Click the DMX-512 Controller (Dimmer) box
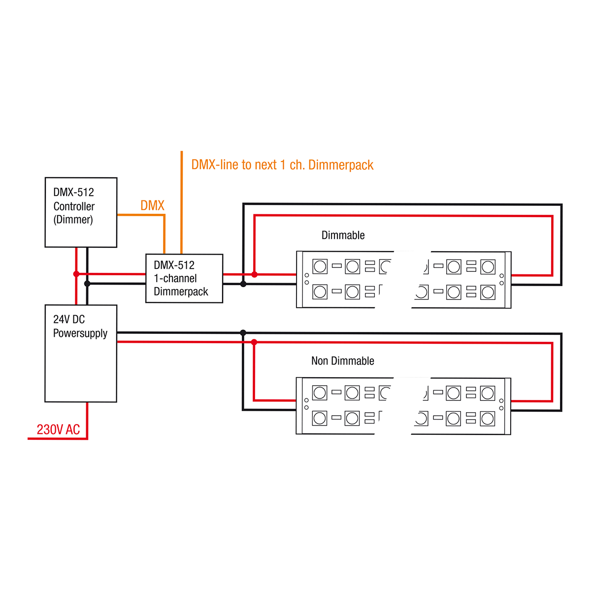pyautogui.click(x=81, y=212)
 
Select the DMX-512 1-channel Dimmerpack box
pyautogui.click(x=184, y=278)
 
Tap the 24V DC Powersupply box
pyautogui.click(x=81, y=353)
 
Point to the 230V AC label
pyautogui.click(x=58, y=429)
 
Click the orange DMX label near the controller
pyautogui.click(x=152, y=205)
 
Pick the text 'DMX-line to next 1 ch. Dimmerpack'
pyautogui.click(x=282, y=165)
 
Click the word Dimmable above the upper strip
pyautogui.click(x=343, y=235)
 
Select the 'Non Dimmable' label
pyautogui.click(x=342, y=361)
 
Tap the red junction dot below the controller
pyautogui.click(x=76, y=274)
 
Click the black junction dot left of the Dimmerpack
pyautogui.click(x=87, y=284)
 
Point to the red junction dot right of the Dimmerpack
pyautogui.click(x=254, y=274)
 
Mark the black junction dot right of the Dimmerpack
pyautogui.click(x=243, y=284)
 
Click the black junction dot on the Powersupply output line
pyautogui.click(x=243, y=333)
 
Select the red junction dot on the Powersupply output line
pyautogui.click(x=254, y=342)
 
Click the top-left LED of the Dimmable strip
pyautogui.click(x=320, y=266)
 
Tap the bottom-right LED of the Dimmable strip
pyautogui.click(x=488, y=292)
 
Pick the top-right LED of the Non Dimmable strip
pyautogui.click(x=488, y=393)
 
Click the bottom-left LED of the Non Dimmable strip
pyautogui.click(x=320, y=419)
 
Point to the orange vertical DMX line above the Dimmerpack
pyautogui.click(x=182, y=202)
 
